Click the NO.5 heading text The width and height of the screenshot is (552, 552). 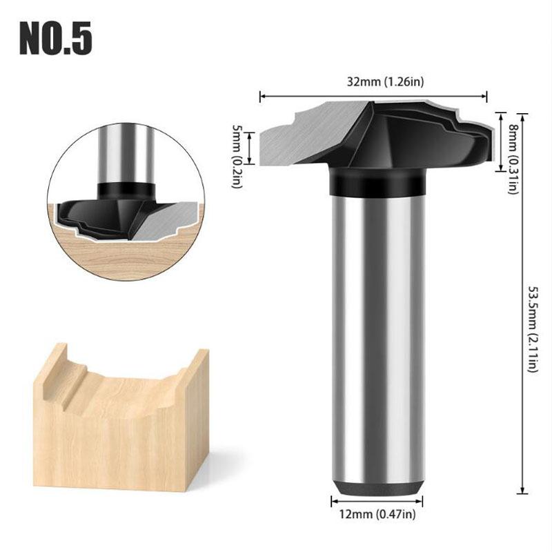pos(55,39)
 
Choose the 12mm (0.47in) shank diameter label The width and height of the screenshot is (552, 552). pos(375,514)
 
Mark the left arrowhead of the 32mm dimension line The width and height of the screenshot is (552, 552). pos(262,97)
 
